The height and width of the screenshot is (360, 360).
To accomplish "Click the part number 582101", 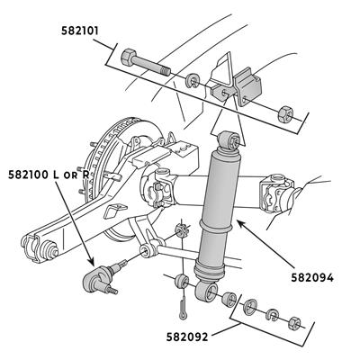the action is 80,31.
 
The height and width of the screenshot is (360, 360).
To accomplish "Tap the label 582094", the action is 312,278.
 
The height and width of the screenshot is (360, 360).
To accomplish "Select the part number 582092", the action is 187,337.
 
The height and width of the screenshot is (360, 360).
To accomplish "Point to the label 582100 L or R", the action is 49,175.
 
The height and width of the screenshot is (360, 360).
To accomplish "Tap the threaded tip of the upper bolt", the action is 165,72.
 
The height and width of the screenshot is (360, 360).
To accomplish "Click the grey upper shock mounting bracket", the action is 248,86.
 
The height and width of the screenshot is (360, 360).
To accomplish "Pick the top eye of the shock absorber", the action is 229,140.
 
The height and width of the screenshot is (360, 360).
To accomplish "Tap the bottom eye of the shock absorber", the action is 207,291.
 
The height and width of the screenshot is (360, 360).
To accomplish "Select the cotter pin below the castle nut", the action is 183,308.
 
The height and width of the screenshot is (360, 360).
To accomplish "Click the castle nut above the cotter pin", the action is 182,230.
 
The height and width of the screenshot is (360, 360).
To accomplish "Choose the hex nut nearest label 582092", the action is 294,323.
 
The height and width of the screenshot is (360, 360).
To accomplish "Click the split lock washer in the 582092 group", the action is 273,315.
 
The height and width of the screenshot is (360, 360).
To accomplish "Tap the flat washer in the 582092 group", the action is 249,307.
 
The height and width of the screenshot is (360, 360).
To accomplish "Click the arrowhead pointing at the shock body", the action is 240,224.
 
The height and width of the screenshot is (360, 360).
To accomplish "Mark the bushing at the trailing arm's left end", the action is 49,250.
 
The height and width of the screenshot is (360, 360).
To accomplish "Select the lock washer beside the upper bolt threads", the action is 192,80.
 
